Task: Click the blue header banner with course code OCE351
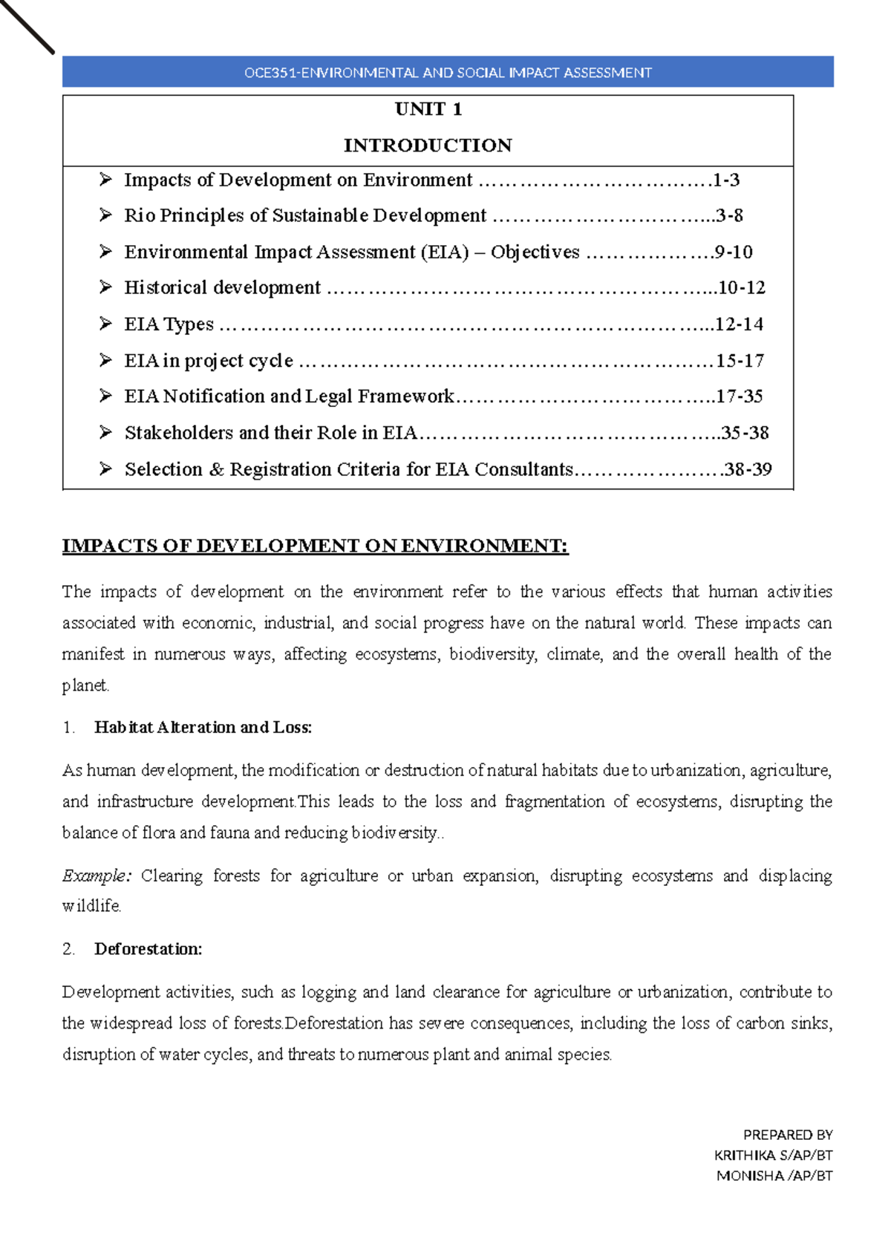tap(448, 72)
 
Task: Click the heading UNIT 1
tap(428, 109)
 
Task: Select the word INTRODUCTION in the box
tap(428, 145)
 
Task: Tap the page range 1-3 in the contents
tap(726, 180)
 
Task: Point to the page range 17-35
tap(740, 396)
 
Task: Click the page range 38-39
tap(748, 469)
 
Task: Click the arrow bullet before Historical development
tap(105, 287)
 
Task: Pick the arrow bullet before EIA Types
tap(105, 323)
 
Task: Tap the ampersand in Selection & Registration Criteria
tap(216, 469)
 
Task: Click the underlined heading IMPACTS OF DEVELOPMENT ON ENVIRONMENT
tap(315, 546)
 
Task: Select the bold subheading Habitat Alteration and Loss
tap(203, 727)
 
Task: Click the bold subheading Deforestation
tap(148, 948)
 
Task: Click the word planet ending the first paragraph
tap(85, 685)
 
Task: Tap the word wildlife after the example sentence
tap(91, 906)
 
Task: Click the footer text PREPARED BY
tap(787, 1135)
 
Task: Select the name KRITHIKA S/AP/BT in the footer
tap(773, 1155)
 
